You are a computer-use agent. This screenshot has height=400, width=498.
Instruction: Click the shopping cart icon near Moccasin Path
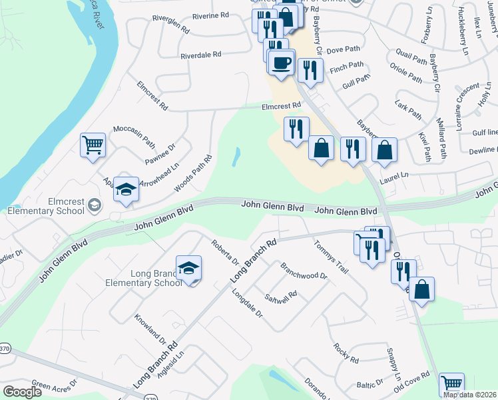93,145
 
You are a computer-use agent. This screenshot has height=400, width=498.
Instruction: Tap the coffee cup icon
281,62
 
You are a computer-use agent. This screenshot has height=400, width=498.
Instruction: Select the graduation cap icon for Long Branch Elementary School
189,268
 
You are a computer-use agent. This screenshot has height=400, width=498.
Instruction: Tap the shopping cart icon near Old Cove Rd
452,384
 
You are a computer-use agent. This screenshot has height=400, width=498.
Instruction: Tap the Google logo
23,392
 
